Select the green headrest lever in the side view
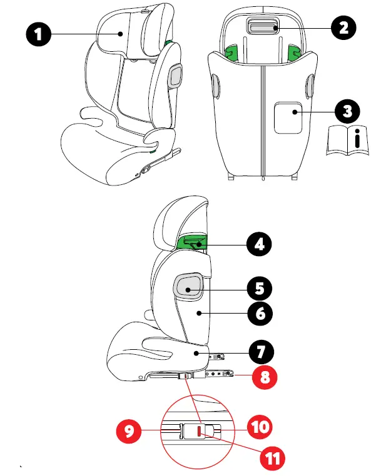pos(193,244)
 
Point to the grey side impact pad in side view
pos(188,286)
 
